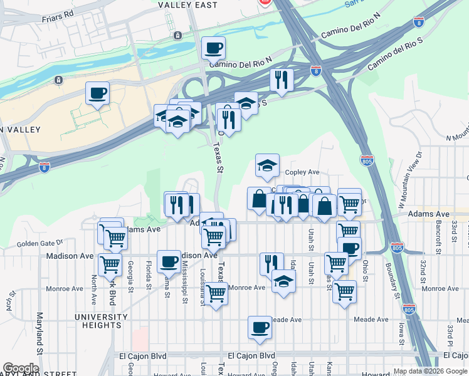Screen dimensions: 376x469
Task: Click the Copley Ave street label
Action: click(x=302, y=172)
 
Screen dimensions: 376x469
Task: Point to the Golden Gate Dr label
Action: click(x=40, y=243)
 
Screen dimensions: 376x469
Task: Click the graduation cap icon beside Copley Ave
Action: click(x=267, y=166)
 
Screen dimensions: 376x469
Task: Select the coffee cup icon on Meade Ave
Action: click(x=260, y=327)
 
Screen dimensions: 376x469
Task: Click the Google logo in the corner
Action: click(x=20, y=369)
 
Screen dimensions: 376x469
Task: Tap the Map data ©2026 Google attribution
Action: click(x=429, y=371)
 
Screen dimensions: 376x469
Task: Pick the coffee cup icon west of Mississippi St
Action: click(x=167, y=261)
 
